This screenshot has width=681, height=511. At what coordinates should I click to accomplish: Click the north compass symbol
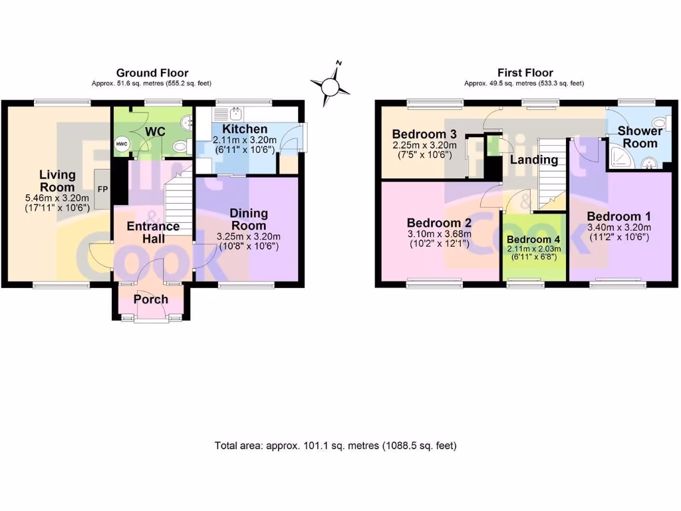click(331, 85)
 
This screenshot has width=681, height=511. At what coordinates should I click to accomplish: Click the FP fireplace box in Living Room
click(103, 189)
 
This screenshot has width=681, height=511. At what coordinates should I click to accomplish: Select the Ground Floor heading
click(152, 73)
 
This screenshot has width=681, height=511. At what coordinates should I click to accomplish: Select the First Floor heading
click(525, 73)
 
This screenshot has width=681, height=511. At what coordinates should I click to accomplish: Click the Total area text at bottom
click(335, 445)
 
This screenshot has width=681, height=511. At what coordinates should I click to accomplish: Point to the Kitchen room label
click(245, 129)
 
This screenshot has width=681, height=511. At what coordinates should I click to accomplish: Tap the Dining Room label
click(249, 219)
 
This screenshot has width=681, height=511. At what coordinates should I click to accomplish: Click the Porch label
click(151, 299)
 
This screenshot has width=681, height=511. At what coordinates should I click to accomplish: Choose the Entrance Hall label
click(153, 232)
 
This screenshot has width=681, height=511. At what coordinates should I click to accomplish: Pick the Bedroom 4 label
click(534, 240)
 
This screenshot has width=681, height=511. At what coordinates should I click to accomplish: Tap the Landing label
click(534, 160)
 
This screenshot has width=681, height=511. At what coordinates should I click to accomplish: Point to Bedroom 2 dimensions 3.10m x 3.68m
click(440, 234)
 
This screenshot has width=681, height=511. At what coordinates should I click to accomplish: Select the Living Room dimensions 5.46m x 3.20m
click(57, 198)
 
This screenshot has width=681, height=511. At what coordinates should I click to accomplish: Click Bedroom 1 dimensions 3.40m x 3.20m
click(618, 228)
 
